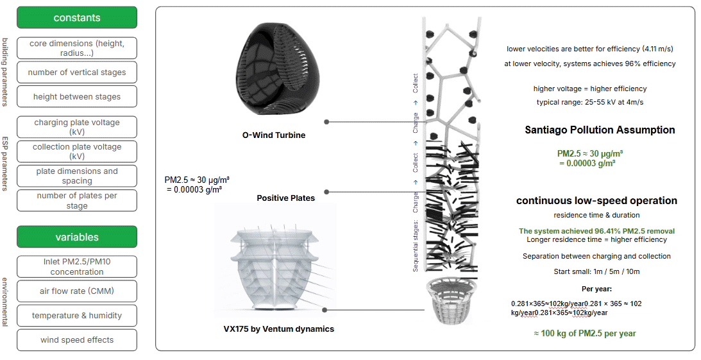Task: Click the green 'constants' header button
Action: pyautogui.click(x=77, y=17)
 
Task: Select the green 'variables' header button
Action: pyautogui.click(x=77, y=237)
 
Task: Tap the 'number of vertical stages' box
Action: pyautogui.click(x=77, y=73)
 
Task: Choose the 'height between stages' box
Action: pyautogui.click(x=77, y=97)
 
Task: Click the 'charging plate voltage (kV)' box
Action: pyautogui.click(x=77, y=126)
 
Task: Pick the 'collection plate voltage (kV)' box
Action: pyautogui.click(x=77, y=151)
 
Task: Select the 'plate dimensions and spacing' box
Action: pyautogui.click(x=77, y=176)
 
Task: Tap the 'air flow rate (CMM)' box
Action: pyautogui.click(x=77, y=291)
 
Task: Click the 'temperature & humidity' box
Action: pyautogui.click(x=77, y=316)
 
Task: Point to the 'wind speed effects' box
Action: pyautogui.click(x=77, y=340)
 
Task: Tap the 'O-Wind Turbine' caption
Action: pyautogui.click(x=273, y=135)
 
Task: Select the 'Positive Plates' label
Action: pyautogui.click(x=286, y=198)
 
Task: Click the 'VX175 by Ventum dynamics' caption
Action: pyautogui.click(x=278, y=329)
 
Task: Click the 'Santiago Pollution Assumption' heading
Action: pyautogui.click(x=600, y=130)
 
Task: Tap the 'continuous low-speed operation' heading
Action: pyautogui.click(x=596, y=201)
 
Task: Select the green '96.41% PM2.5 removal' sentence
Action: pyautogui.click(x=596, y=231)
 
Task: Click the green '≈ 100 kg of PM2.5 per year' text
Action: pyautogui.click(x=585, y=334)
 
